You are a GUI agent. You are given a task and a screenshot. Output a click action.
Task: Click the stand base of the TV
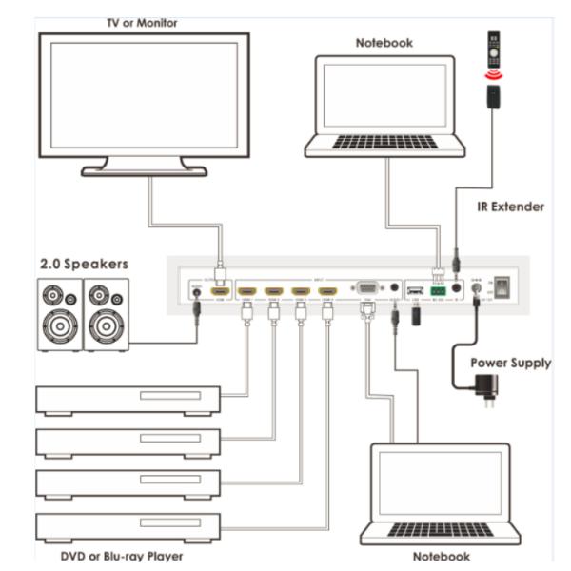coord(144,171)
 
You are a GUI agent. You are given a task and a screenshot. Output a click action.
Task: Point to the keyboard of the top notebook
coord(384,142)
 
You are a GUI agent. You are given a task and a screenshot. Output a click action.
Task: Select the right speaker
coord(106,314)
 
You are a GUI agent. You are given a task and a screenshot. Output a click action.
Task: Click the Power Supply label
coord(509,363)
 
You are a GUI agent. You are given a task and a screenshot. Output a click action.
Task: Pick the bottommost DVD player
coord(128,526)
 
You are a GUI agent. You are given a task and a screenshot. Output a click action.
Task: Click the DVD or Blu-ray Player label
coord(108,556)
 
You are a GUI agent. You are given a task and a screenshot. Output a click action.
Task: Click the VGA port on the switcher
coord(364,287)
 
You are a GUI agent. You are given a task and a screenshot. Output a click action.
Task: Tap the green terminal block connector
coord(438,289)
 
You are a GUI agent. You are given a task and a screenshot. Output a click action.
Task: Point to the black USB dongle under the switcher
coord(415,315)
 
